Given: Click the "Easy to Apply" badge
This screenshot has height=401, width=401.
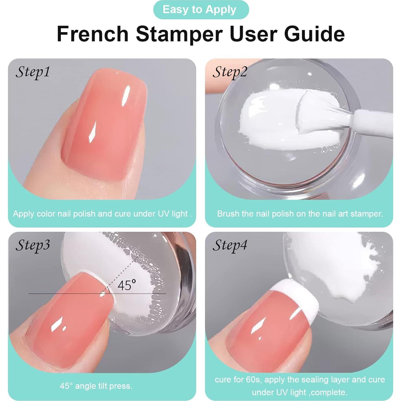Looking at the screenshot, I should (201, 10).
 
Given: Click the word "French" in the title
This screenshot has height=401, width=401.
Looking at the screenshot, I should (93, 34).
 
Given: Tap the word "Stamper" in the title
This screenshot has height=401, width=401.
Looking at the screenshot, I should (179, 34).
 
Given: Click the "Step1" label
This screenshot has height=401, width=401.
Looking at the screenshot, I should (33, 72).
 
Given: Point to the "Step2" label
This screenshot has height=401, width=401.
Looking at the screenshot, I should (230, 72).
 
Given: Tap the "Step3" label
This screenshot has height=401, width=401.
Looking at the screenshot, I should (33, 245).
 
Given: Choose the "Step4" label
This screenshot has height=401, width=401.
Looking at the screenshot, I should (230, 245).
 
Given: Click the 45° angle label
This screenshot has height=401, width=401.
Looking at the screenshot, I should (127, 285).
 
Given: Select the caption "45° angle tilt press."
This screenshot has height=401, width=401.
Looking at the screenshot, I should (96, 386).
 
